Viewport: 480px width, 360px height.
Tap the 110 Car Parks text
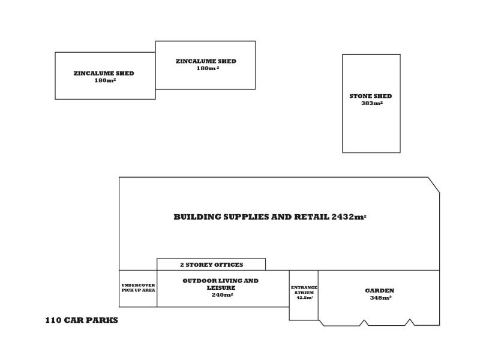click(82, 320)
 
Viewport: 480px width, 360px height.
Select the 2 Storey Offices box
click(211, 265)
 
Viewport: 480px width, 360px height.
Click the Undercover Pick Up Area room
click(138, 288)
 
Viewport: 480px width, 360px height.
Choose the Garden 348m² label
click(379, 294)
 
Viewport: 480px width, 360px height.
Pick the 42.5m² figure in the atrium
click(304, 298)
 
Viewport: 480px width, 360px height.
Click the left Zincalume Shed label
click(104, 76)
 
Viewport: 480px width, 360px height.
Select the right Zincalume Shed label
click(206, 64)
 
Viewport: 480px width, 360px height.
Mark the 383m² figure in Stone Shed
click(371, 104)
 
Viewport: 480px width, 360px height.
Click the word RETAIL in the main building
click(310, 217)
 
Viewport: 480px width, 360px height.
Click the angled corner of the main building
click(434, 184)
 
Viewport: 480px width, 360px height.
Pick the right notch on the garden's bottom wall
click(409, 323)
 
